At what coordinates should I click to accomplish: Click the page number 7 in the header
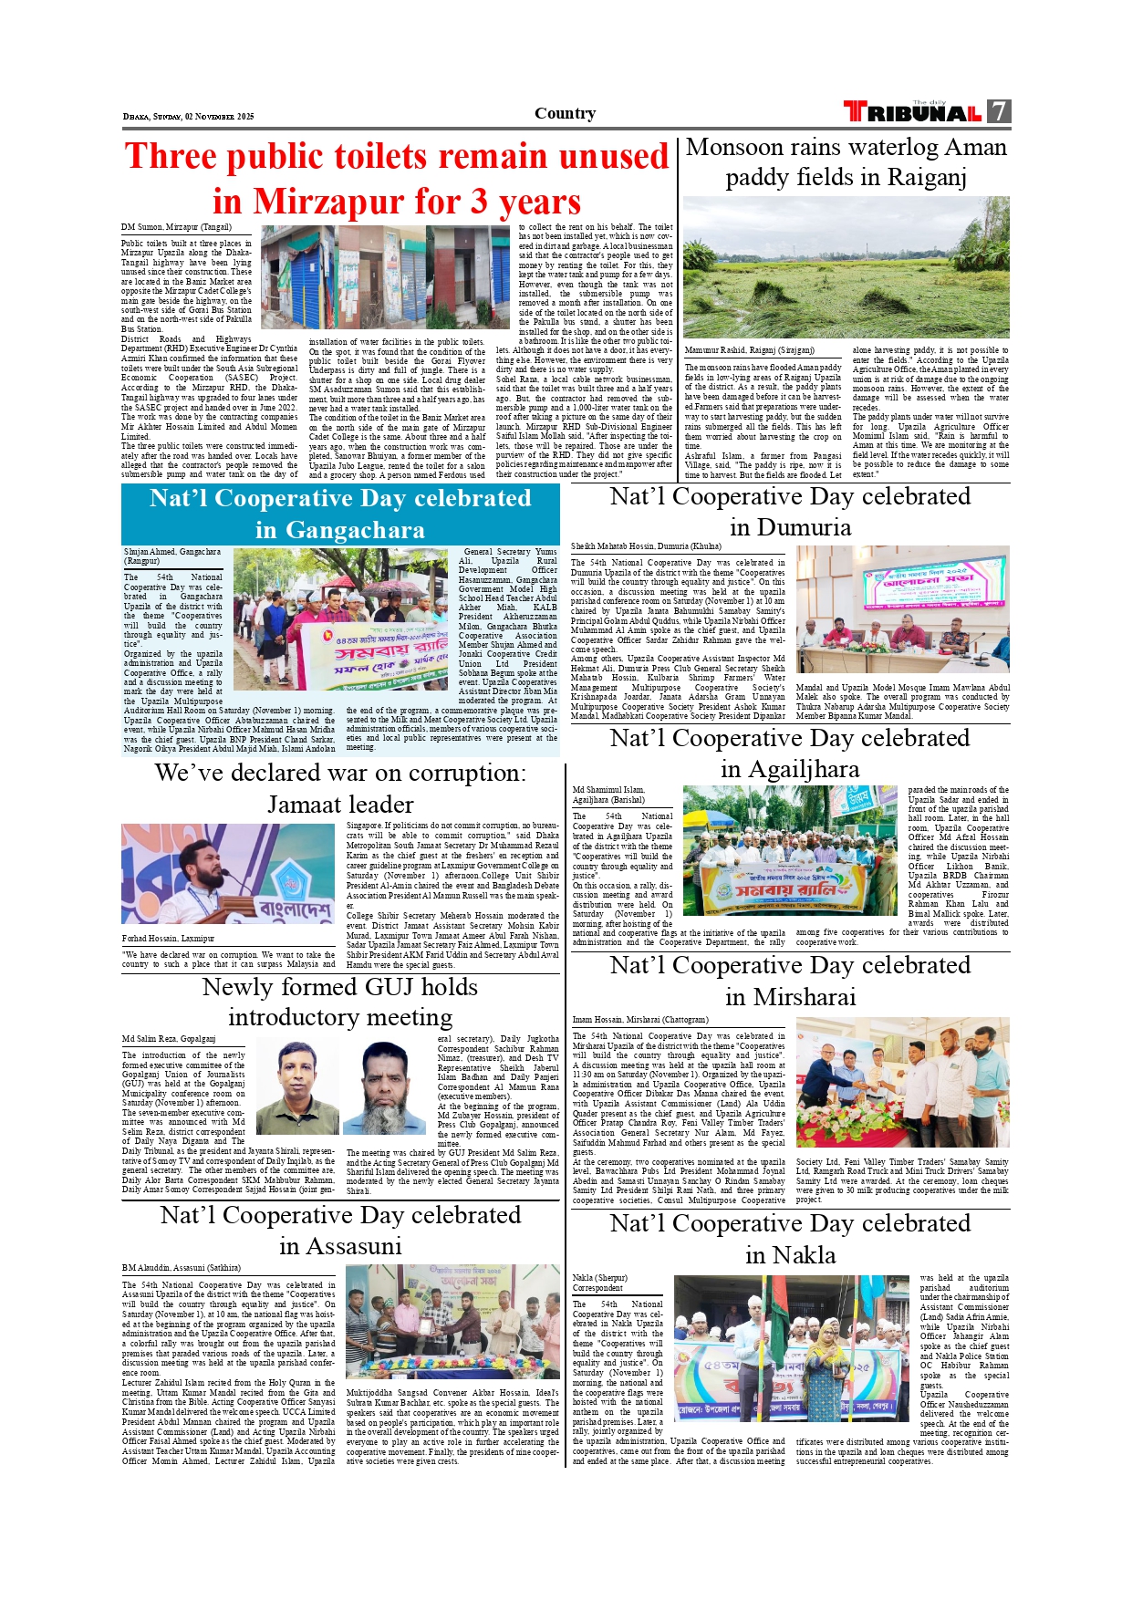[x=1000, y=112]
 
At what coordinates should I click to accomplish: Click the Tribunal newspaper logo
[x=913, y=112]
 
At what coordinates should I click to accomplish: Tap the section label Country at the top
[x=565, y=113]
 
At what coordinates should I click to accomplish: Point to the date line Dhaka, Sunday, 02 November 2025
[x=189, y=117]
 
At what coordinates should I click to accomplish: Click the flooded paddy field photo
[x=846, y=266]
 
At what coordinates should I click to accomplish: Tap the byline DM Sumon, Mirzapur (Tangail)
[x=177, y=227]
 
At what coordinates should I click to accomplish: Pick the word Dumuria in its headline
[x=791, y=527]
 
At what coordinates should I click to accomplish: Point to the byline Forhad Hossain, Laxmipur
[x=168, y=938]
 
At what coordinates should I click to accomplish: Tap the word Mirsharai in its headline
[x=791, y=996]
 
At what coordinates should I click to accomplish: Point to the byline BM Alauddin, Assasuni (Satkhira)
[x=182, y=1268]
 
